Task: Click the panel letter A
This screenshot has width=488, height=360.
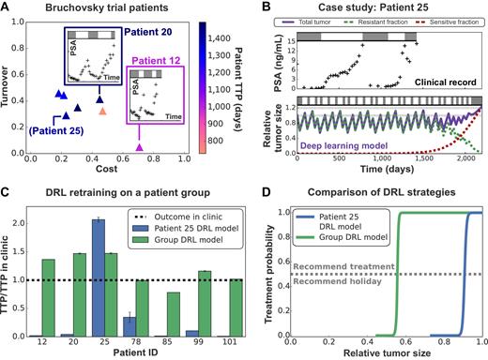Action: [8, 9]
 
